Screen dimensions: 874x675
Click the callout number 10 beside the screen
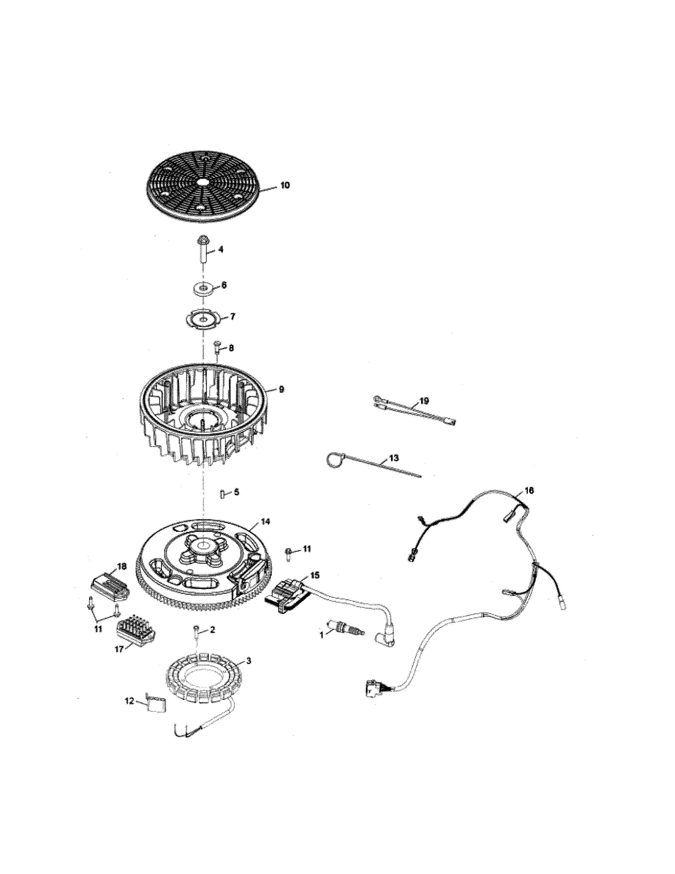coord(285,185)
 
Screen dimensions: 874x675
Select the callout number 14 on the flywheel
coord(265,521)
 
